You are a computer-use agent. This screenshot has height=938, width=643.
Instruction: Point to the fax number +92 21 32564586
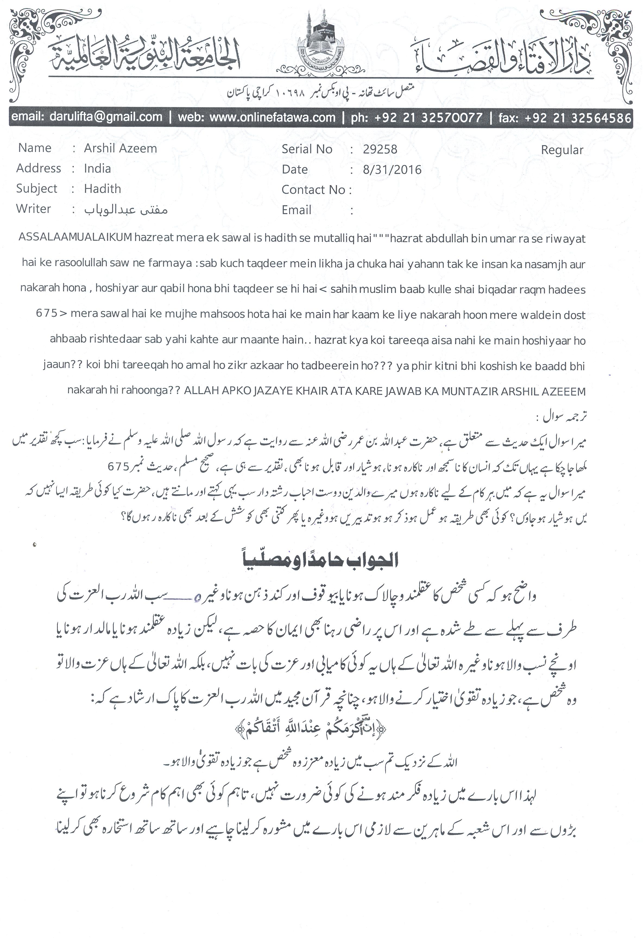[578, 118]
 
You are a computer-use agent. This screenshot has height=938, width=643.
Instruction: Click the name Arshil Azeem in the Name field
[120, 148]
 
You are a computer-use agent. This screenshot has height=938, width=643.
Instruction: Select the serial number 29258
[380, 149]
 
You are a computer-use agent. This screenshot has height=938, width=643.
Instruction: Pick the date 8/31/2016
[392, 170]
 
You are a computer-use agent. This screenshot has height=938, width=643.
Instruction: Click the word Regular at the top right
[562, 150]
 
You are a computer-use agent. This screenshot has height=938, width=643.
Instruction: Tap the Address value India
[97, 168]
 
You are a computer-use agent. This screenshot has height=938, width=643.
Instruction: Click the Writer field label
[33, 209]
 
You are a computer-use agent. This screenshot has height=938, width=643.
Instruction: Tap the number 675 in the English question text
[46, 313]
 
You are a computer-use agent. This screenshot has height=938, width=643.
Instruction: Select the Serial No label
[307, 149]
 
